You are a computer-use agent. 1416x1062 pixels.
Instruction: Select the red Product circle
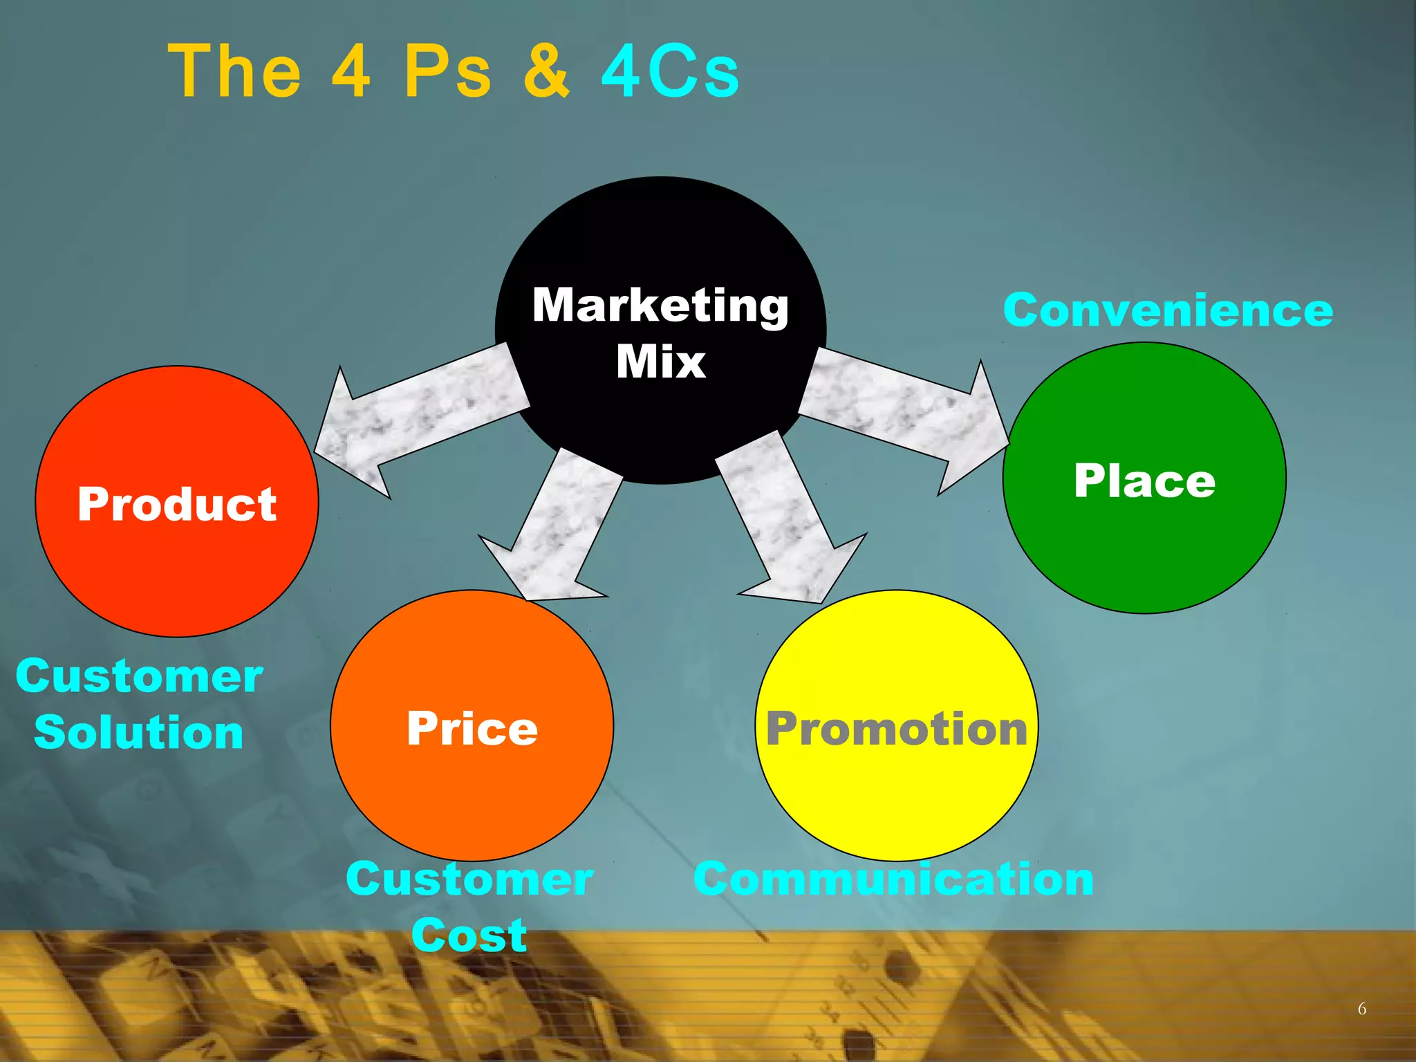pyautogui.click(x=177, y=553)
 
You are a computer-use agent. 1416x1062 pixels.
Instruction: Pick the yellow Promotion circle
pyautogui.click(x=896, y=788)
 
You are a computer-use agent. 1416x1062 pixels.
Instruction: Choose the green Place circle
pyautogui.click(x=1144, y=539)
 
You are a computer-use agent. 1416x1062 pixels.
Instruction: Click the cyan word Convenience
pyautogui.click(x=1168, y=310)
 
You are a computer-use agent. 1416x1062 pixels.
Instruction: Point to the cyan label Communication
pyautogui.click(x=893, y=879)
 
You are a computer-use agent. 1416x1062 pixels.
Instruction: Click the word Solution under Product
pyautogui.click(x=139, y=732)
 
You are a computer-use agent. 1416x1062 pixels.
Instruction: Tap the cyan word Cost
pyautogui.click(x=469, y=935)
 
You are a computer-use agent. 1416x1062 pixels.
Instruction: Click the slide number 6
pyautogui.click(x=1361, y=1009)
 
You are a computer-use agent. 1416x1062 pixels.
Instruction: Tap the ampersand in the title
pyautogui.click(x=546, y=71)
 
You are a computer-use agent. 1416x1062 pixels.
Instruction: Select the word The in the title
pyautogui.click(x=235, y=71)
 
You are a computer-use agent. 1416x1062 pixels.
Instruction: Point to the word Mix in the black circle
pyautogui.click(x=661, y=362)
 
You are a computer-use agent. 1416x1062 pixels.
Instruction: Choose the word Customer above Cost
pyautogui.click(x=469, y=879)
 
